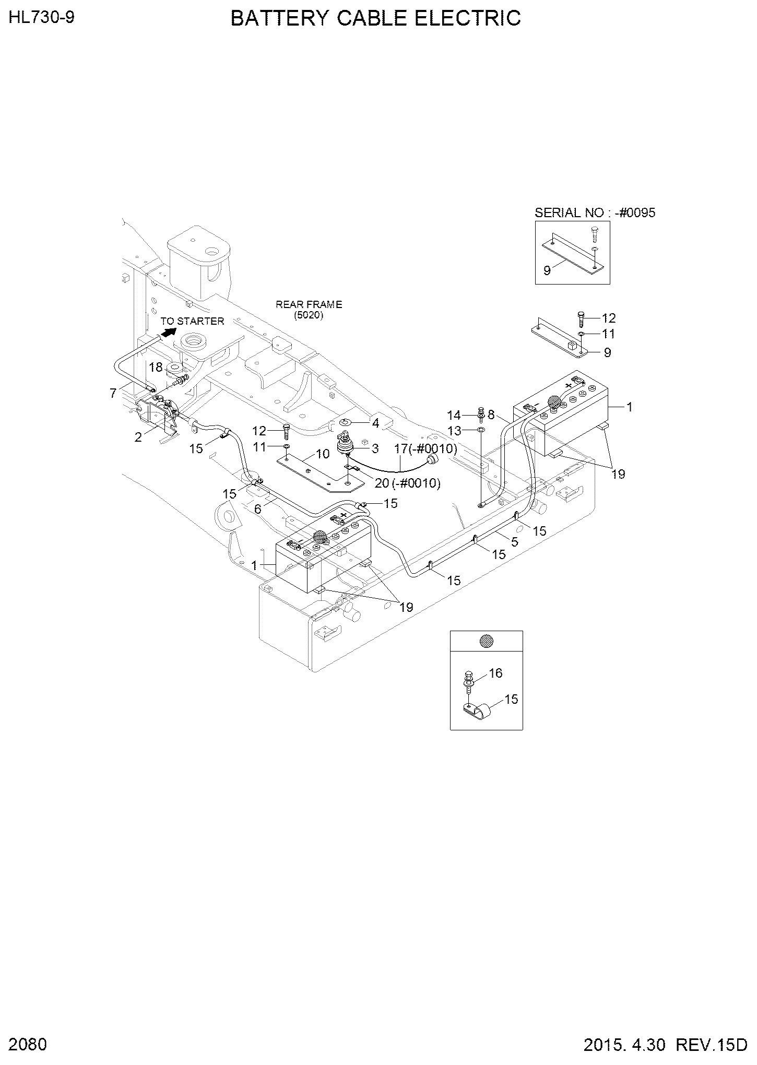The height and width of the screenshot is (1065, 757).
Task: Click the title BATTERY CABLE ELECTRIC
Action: pos(375,18)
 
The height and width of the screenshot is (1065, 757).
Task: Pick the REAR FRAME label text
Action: pos(309,304)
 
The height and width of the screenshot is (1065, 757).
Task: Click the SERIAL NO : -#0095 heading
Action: pos(595,212)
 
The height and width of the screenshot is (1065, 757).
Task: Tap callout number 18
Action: pos(156,368)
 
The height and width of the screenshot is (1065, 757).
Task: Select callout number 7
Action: pos(113,393)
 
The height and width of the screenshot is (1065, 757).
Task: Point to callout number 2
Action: pos(138,437)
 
